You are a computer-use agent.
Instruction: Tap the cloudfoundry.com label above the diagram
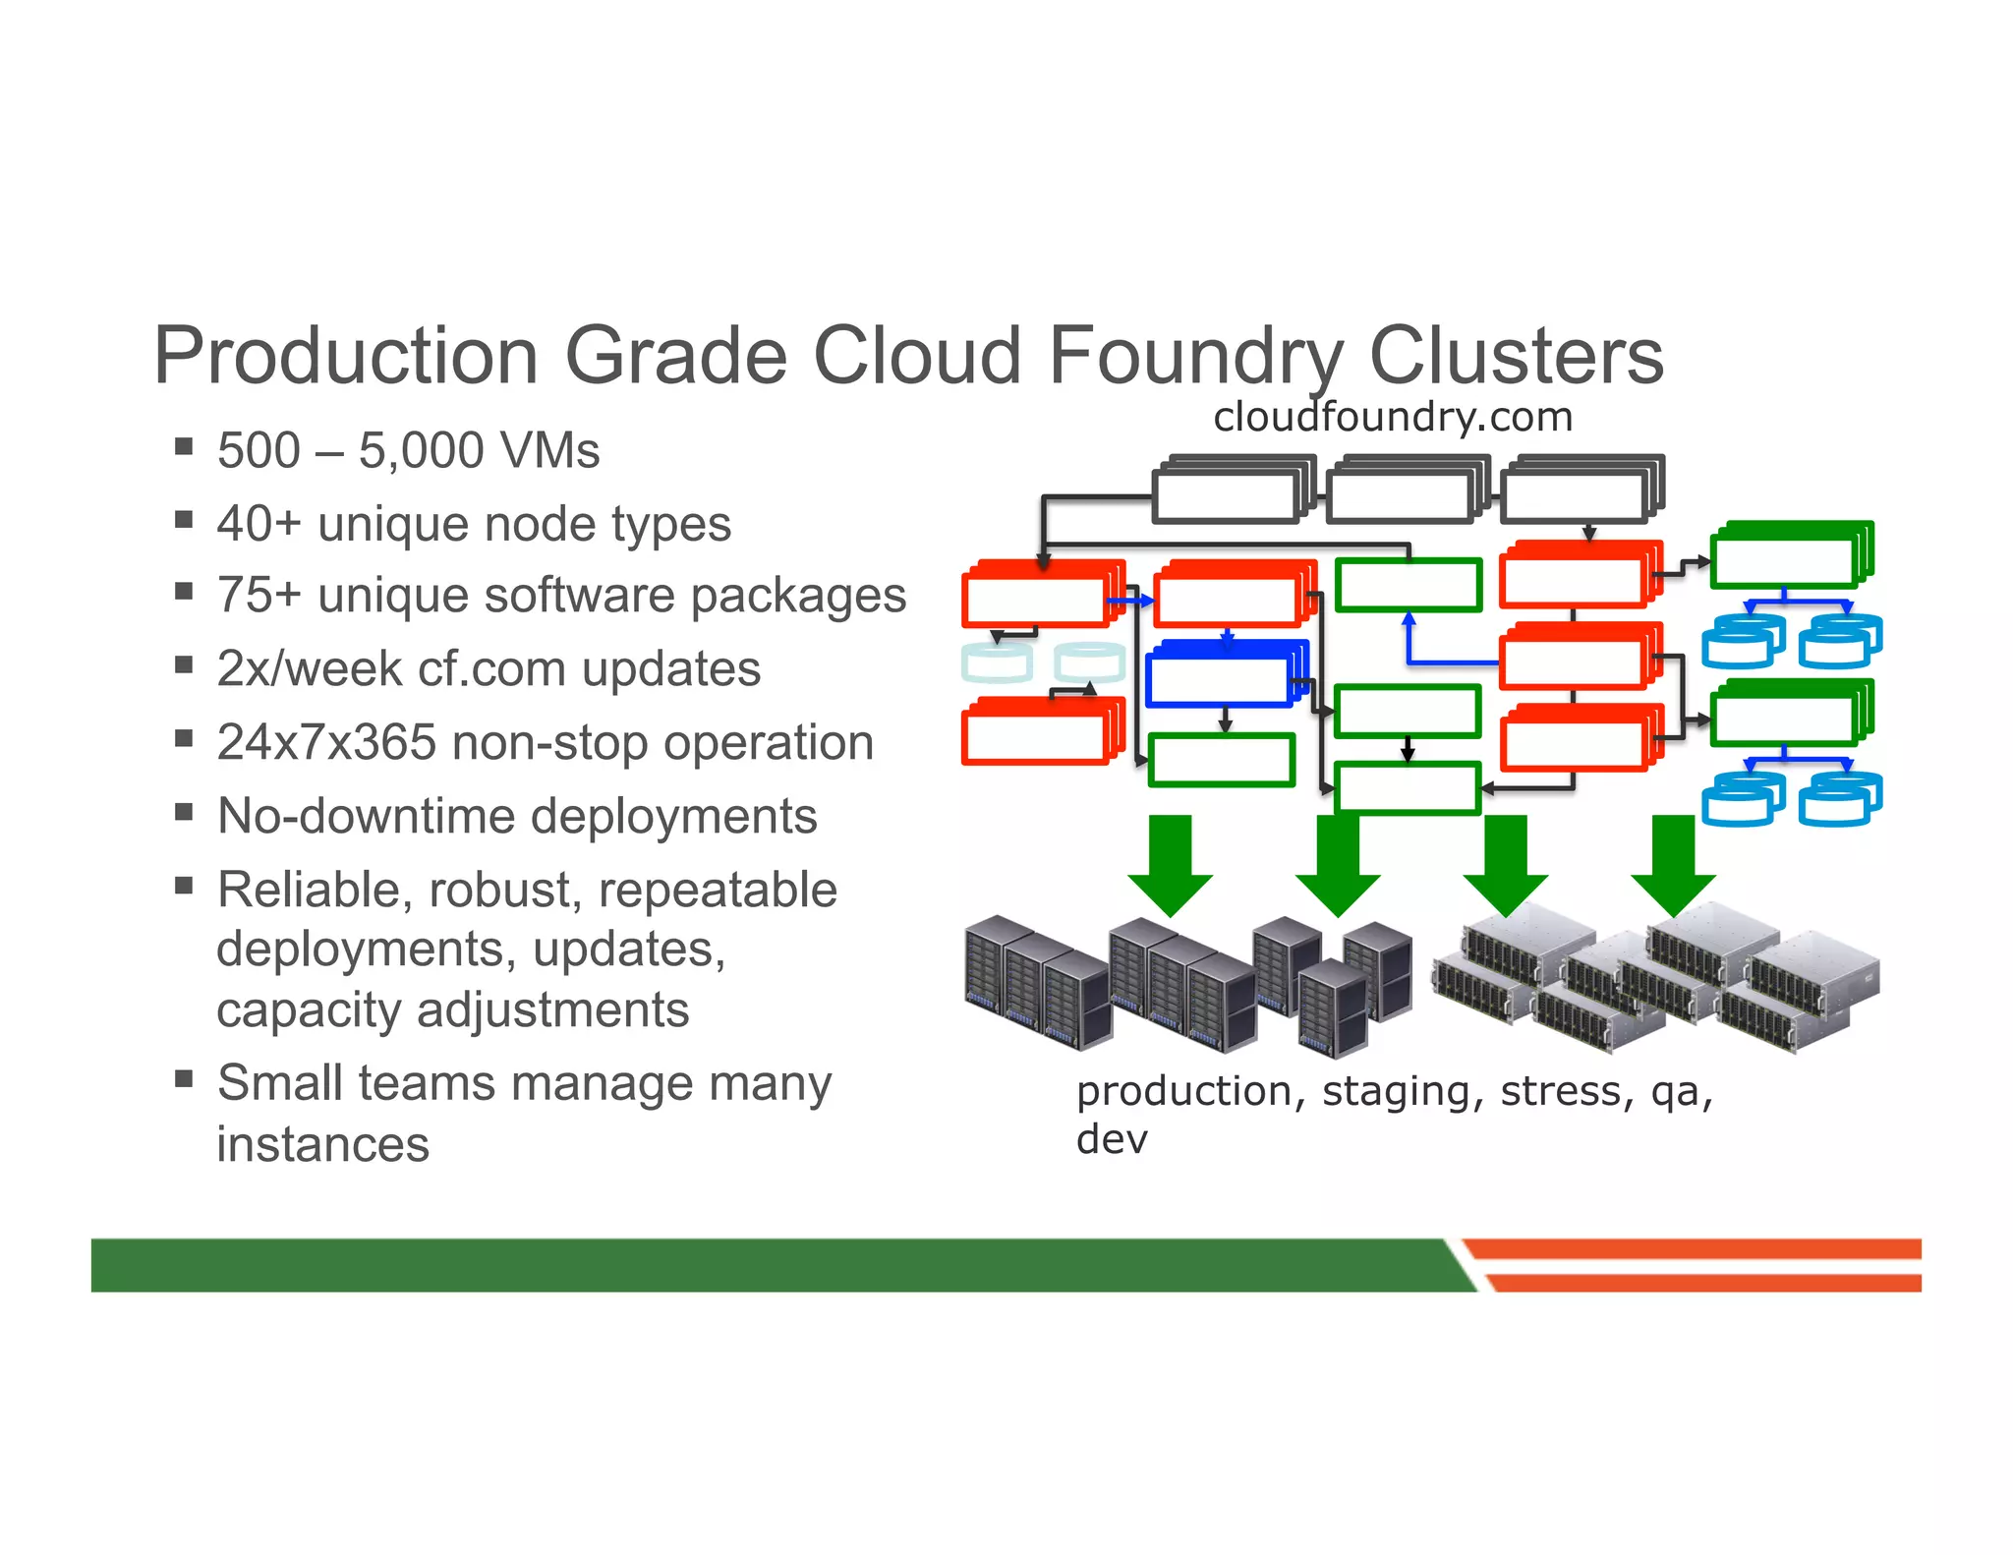(1392, 417)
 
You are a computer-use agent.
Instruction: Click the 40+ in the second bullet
(259, 523)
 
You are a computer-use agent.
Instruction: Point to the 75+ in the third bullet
(259, 596)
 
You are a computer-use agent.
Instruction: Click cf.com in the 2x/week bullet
(490, 669)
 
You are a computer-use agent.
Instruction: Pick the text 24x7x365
(326, 742)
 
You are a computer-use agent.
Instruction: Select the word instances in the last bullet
(322, 1144)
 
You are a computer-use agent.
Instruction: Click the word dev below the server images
(1112, 1140)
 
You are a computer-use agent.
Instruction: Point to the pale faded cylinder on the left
(998, 662)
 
